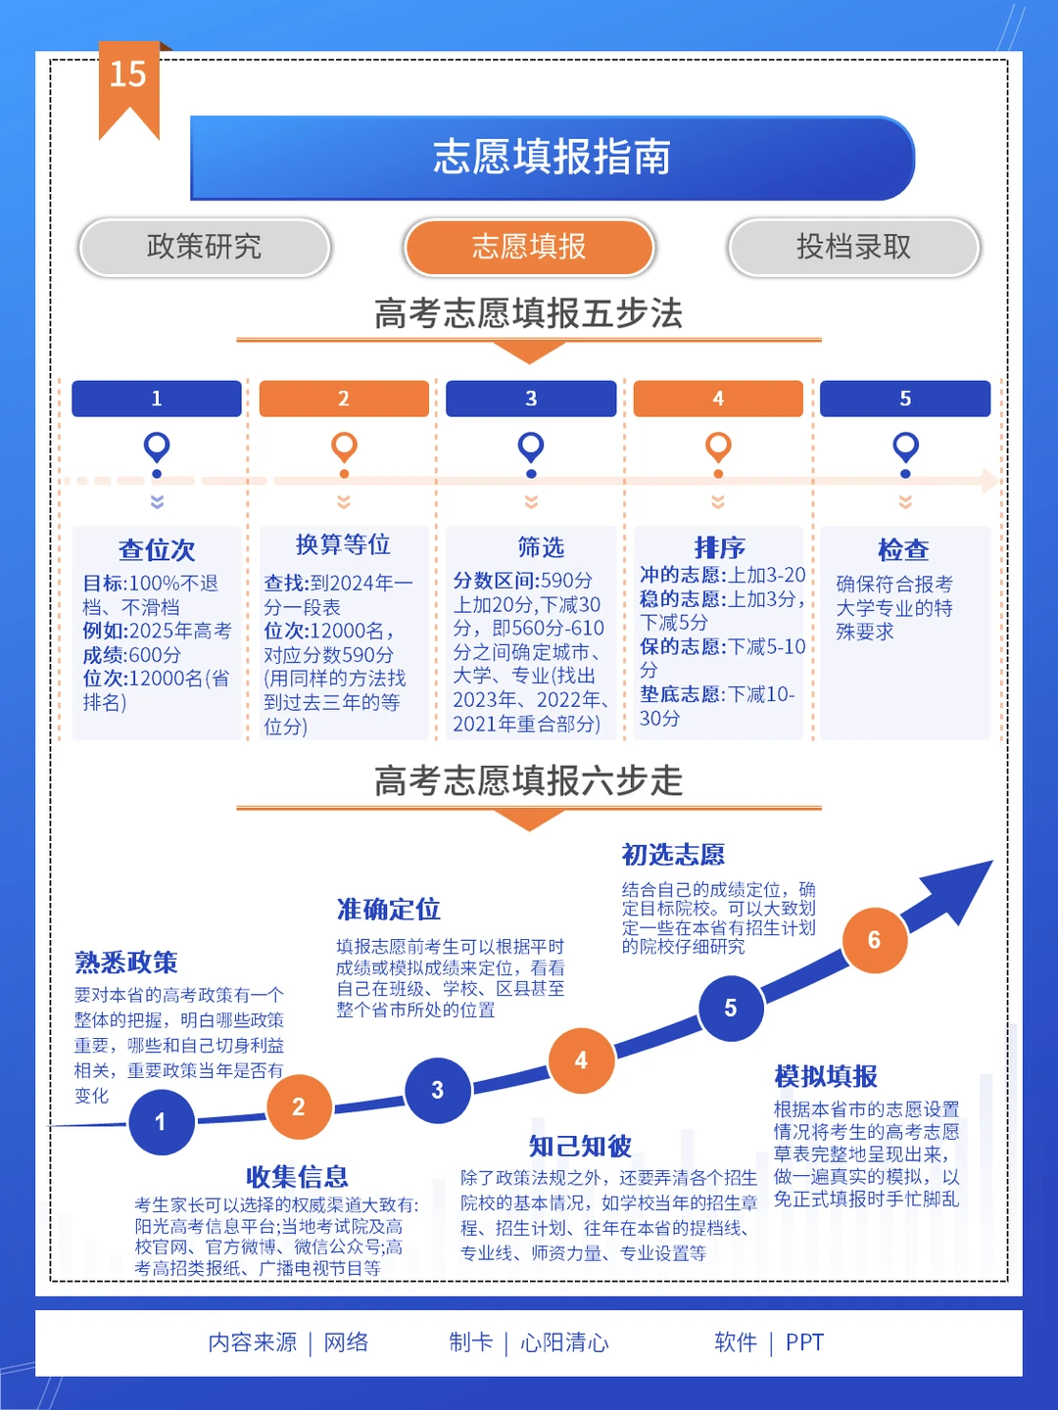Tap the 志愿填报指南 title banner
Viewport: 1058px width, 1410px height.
click(x=552, y=158)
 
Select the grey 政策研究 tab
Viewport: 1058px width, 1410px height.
click(x=205, y=247)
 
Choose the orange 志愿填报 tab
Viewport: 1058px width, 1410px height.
click(x=529, y=247)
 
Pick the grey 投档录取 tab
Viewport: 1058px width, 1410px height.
click(x=853, y=247)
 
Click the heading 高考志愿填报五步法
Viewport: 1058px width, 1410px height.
click(x=529, y=313)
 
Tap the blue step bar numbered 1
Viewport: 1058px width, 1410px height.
click(x=157, y=399)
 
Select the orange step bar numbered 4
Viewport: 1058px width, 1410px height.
click(x=718, y=399)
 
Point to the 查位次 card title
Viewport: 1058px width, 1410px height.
click(x=157, y=550)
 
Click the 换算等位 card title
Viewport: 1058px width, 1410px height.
click(x=343, y=544)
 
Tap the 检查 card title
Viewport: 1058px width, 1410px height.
click(x=903, y=550)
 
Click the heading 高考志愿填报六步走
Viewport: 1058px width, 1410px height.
click(x=529, y=781)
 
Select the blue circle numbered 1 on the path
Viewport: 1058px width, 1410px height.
click(x=162, y=1122)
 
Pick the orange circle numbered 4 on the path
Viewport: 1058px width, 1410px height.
click(x=581, y=1060)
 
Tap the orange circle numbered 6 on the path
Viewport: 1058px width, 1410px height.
click(x=874, y=940)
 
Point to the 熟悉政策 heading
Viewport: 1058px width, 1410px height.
click(x=126, y=963)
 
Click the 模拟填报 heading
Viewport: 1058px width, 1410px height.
click(x=826, y=1076)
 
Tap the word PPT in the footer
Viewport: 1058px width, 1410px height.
click(x=804, y=1342)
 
